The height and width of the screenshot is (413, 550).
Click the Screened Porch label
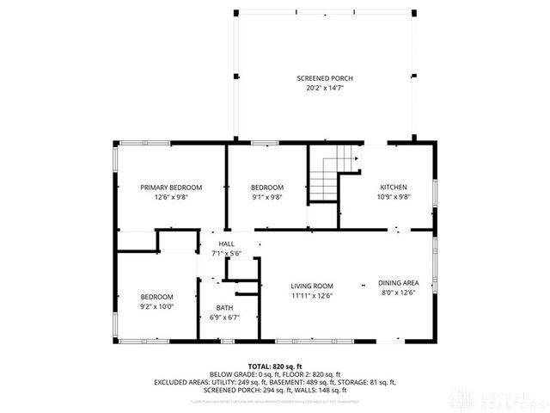(x=325, y=78)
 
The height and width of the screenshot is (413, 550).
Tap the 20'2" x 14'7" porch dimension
(x=325, y=88)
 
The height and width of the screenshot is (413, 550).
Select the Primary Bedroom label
(x=171, y=188)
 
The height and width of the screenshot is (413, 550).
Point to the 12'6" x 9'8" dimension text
(x=171, y=197)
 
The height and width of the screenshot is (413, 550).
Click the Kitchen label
(x=394, y=188)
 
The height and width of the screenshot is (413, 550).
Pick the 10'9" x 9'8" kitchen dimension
(x=394, y=197)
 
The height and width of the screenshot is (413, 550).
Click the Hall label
(x=226, y=243)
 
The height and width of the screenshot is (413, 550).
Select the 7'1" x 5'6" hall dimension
(x=226, y=253)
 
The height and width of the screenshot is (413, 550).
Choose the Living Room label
(x=311, y=287)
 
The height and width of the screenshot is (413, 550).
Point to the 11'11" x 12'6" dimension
(x=311, y=296)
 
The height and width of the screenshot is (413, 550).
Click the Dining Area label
(x=398, y=283)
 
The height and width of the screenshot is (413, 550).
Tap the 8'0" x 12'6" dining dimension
(x=398, y=293)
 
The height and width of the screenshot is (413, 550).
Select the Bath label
(x=224, y=307)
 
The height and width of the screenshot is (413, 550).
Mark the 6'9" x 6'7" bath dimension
(x=224, y=317)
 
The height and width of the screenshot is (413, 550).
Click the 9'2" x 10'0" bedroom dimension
(x=156, y=306)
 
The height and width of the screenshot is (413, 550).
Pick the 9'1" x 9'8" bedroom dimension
(x=266, y=197)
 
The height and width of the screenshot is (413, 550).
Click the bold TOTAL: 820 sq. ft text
(x=274, y=366)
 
